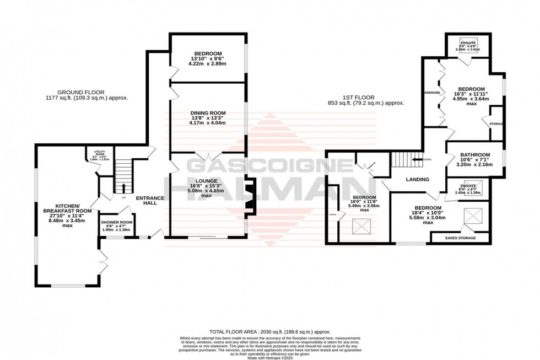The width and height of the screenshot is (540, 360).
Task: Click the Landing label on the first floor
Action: (417, 179)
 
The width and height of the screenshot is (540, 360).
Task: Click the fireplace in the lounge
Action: (250, 196)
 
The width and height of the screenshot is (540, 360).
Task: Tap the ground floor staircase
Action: (124, 175)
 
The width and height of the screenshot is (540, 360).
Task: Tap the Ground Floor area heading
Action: (93, 95)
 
